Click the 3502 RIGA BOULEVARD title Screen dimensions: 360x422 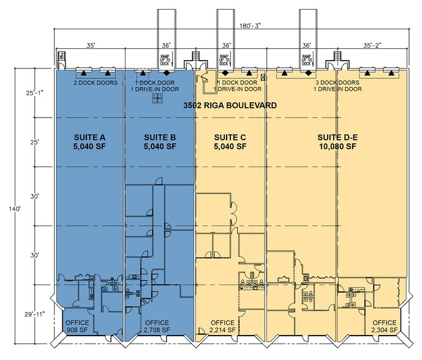(230, 106)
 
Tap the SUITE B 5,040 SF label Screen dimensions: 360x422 (160, 141)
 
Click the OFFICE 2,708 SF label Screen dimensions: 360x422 (157, 326)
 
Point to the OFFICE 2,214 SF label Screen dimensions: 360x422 (223, 326)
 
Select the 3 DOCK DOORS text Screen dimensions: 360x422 (337, 83)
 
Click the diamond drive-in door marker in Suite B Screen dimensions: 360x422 (166, 72)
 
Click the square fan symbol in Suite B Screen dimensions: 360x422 (159, 102)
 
